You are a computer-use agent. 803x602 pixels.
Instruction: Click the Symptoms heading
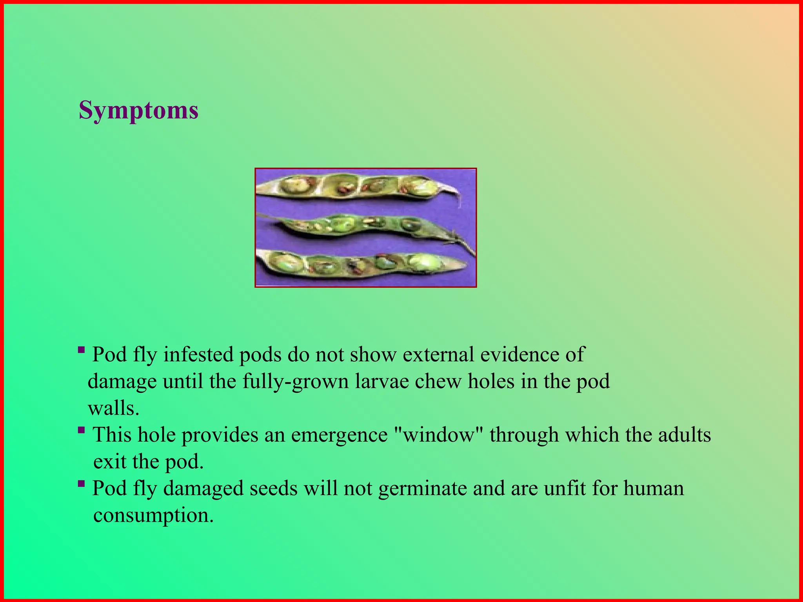click(x=138, y=111)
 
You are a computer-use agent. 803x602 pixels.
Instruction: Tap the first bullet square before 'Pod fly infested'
click(x=81, y=350)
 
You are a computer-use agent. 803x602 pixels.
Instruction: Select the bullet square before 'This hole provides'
click(x=81, y=430)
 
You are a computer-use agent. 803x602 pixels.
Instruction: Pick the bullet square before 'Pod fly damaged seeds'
click(x=81, y=484)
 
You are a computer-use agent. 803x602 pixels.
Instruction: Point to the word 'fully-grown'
click(x=295, y=381)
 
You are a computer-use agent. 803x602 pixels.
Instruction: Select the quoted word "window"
click(x=438, y=435)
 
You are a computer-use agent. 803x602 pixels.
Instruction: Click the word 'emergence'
click(x=339, y=435)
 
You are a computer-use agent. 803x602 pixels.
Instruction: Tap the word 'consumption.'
click(x=153, y=515)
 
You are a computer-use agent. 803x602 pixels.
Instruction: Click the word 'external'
click(x=438, y=354)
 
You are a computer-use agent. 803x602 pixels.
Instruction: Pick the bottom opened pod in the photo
click(x=353, y=265)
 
